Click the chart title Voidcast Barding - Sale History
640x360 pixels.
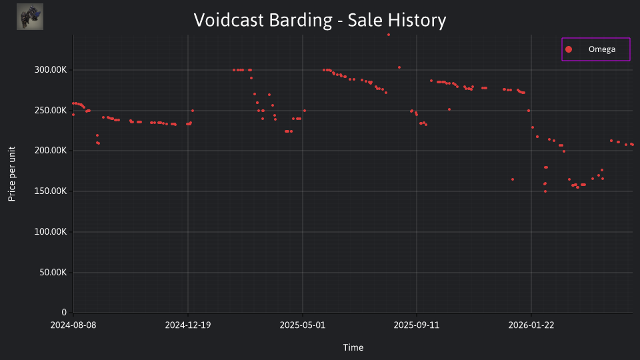tap(319, 20)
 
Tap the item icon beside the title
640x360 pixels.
tap(30, 17)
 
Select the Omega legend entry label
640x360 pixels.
tap(601, 49)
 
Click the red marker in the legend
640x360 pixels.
tap(569, 49)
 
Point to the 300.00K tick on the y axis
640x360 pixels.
tap(51, 70)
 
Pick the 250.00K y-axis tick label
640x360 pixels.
tap(51, 110)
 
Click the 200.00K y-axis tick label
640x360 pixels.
tap(51, 151)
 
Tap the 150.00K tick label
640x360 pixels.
tap(51, 191)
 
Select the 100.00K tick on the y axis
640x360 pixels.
tap(51, 232)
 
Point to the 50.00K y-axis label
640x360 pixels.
tap(53, 272)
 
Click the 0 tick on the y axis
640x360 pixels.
tap(64, 313)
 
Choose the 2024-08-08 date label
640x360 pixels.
tap(73, 325)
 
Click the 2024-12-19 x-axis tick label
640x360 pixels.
tap(188, 325)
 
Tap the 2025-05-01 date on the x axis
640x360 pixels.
tap(303, 325)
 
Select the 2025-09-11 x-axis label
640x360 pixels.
tap(416, 325)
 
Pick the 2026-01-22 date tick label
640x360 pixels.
tap(531, 325)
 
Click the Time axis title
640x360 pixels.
tap(353, 347)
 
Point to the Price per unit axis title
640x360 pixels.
tap(12, 174)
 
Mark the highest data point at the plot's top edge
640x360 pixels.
tap(389, 35)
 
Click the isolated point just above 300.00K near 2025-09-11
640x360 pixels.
tap(399, 68)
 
